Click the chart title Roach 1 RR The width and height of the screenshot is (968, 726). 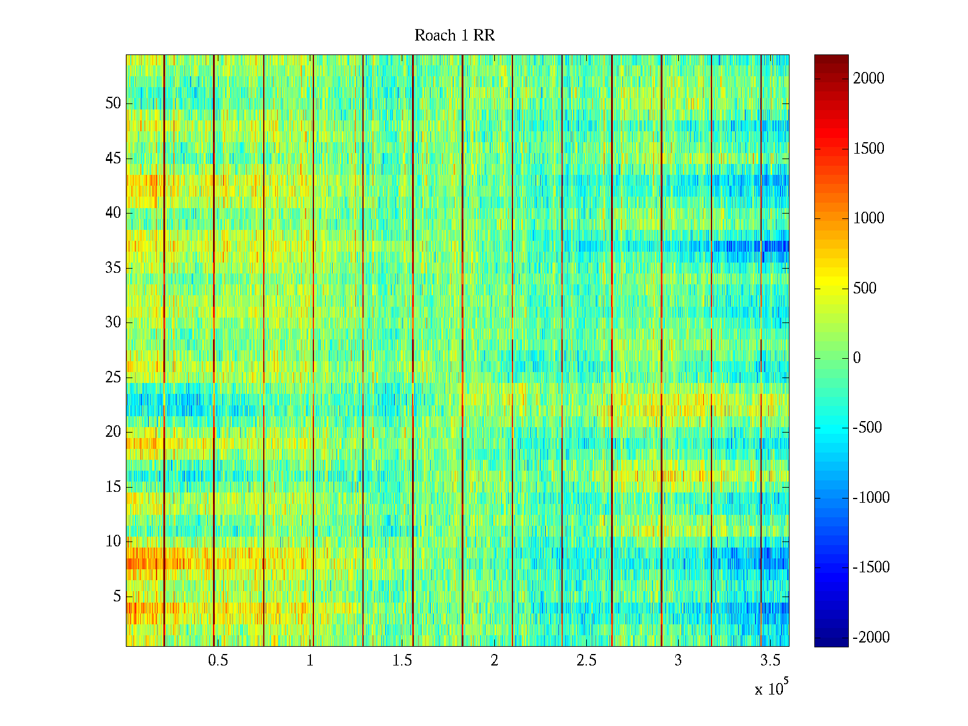pos(454,36)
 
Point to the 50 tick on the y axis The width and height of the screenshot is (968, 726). pos(113,103)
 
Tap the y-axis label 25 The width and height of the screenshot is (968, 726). pos(113,378)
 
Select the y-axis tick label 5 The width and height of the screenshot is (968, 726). pos(117,597)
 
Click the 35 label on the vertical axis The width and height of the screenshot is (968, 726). pos(113,268)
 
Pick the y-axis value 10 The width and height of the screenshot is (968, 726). pos(113,541)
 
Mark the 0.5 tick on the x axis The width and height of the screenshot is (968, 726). pos(218,661)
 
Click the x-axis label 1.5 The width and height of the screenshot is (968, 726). pos(402,661)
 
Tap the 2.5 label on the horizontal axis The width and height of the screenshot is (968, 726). pos(586,661)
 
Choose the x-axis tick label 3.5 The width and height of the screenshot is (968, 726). pos(770,661)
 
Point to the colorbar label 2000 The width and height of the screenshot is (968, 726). pos(869,79)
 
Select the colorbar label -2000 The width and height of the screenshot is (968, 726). pos(871,638)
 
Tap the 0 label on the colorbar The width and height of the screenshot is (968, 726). pos(857,358)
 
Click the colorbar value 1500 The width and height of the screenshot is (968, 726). pos(869,149)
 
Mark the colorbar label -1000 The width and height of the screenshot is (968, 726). pos(871,498)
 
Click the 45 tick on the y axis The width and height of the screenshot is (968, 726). pos(113,159)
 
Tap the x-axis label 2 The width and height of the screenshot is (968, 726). pos(494,661)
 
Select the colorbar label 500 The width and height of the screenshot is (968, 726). pos(865,289)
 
